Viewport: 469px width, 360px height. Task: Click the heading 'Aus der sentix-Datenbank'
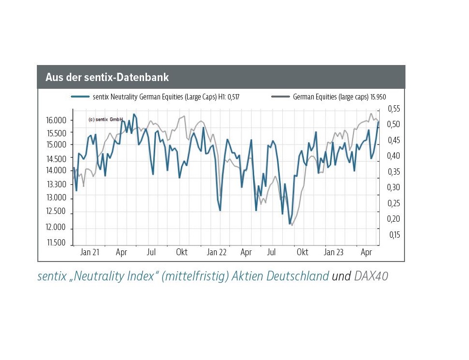click(107, 77)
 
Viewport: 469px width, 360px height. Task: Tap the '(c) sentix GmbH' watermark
click(105, 119)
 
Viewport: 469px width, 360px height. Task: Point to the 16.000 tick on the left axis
click(56, 120)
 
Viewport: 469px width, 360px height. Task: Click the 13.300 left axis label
click(56, 184)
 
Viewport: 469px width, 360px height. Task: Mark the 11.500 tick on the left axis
click(56, 243)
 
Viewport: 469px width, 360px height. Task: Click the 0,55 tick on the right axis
click(394, 108)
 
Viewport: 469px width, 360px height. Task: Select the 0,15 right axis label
click(394, 235)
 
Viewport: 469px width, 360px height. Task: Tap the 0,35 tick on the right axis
click(394, 172)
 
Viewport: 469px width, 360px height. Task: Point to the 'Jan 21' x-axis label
click(90, 252)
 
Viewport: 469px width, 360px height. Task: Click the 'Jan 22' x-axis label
click(217, 252)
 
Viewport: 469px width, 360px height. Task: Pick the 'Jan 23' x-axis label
click(334, 252)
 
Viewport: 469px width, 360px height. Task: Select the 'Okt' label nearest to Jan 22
click(182, 252)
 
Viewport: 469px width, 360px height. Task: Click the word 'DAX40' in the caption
click(371, 277)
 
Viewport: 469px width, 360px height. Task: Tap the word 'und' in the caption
click(341, 277)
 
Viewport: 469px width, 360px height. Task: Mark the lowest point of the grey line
click(292, 225)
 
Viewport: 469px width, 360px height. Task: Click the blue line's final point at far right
click(378, 122)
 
